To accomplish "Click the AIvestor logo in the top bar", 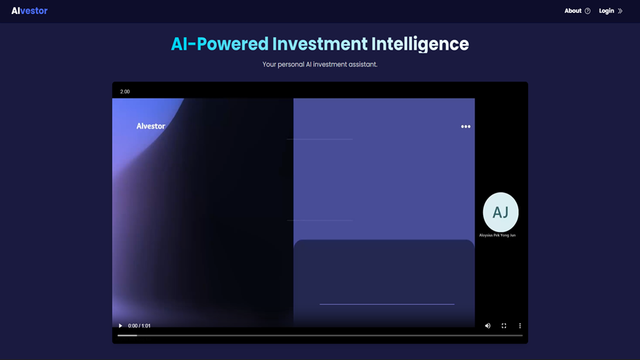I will (29, 11).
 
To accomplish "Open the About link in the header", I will (572, 11).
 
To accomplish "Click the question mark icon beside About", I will (587, 11).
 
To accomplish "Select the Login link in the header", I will (606, 11).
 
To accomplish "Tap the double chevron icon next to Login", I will (620, 11).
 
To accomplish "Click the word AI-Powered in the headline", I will (219, 44).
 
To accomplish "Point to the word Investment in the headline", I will (319, 44).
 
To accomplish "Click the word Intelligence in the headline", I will (420, 44).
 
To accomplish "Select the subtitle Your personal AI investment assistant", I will (320, 64).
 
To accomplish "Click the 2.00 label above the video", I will (125, 91).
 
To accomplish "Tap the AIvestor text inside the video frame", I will (151, 126).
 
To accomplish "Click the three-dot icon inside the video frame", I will (466, 126).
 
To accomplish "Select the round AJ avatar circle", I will (500, 212).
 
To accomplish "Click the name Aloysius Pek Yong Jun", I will (498, 236).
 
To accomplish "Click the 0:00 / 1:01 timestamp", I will (139, 325).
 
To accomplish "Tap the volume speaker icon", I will (487, 325).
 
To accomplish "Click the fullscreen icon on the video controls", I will (504, 325).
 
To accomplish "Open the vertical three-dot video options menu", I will (520, 325).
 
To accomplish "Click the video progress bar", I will (320, 335).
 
